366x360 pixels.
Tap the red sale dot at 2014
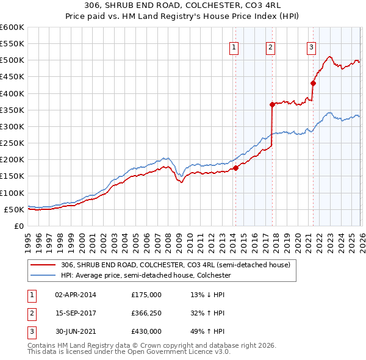[x=235, y=168]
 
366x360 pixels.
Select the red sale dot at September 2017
[x=273, y=104]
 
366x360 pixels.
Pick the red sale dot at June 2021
[x=314, y=84]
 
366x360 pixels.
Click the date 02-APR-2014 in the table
[x=75, y=294]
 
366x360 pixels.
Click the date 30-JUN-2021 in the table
[x=75, y=332]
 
